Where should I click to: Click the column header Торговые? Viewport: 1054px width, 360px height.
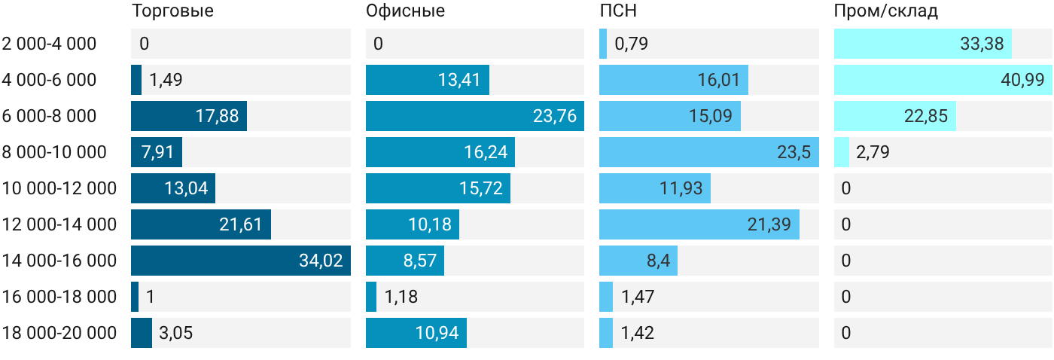coord(172,11)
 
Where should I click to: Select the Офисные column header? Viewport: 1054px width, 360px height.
coord(405,11)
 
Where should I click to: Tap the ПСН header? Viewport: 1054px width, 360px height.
coord(618,11)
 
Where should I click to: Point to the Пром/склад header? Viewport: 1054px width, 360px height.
coord(885,11)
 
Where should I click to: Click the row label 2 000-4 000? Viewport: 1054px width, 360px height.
coord(49,44)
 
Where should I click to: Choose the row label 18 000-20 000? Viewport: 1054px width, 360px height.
coord(59,333)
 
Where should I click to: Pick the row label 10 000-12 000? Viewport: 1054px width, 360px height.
coord(59,188)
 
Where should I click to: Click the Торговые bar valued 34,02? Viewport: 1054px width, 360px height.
coord(241,261)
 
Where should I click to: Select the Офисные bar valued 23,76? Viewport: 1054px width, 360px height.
coord(475,116)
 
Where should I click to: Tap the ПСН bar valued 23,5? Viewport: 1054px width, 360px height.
coord(709,152)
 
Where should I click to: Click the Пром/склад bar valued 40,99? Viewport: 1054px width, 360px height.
coord(943,80)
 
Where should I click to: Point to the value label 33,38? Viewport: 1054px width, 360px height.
coord(982,44)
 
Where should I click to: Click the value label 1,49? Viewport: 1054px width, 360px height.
coord(166,80)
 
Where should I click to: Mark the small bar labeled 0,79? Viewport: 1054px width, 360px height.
coord(603,44)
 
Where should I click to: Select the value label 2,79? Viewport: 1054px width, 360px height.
coord(873,152)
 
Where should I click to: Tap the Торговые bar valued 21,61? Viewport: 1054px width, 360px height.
coord(201,224)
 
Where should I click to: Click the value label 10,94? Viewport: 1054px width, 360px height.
coord(437,333)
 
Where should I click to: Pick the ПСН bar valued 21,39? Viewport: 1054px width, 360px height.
coord(699,224)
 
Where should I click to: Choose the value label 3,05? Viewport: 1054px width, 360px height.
coord(176,333)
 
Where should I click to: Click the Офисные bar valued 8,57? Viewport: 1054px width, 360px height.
coord(405,261)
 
